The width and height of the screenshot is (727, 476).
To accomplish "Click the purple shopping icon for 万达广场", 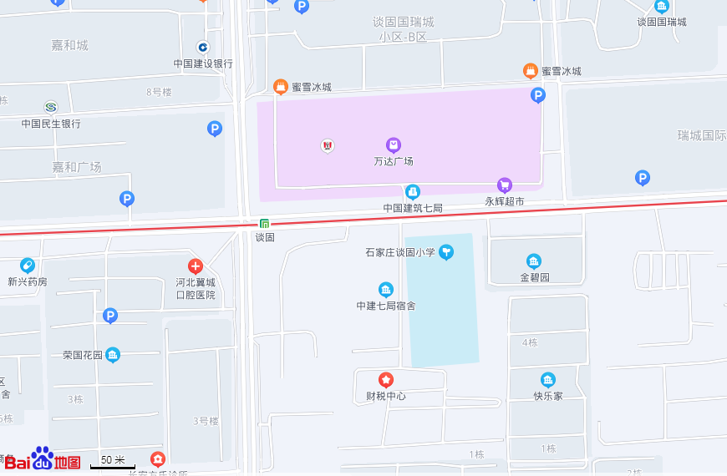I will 394,144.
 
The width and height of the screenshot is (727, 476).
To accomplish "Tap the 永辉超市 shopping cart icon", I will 504,185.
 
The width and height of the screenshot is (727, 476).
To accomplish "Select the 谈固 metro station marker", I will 264,223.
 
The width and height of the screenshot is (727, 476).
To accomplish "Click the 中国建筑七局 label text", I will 413,207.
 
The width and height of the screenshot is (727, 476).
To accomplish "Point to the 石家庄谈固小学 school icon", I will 446,251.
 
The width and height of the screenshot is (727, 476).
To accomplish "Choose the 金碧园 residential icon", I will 534,261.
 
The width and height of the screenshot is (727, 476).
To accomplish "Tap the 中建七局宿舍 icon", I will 386,289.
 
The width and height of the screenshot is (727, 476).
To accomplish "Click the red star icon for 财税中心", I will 386,379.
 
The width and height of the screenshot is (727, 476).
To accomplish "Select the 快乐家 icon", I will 548,379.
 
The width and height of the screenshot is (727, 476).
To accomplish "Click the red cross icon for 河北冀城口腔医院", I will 196,266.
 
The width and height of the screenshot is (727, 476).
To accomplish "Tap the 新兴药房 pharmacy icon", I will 28,265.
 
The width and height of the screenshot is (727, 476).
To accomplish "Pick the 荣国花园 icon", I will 113,355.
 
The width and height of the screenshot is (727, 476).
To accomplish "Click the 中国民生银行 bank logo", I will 51,107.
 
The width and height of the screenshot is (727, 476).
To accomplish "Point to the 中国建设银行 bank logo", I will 203,47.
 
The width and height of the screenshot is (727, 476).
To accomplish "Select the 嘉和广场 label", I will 76,167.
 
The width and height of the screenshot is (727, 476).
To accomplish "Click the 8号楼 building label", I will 159,92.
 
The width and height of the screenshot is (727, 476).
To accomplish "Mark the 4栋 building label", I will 530,342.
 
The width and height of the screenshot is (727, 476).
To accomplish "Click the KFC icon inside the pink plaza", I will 328,145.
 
